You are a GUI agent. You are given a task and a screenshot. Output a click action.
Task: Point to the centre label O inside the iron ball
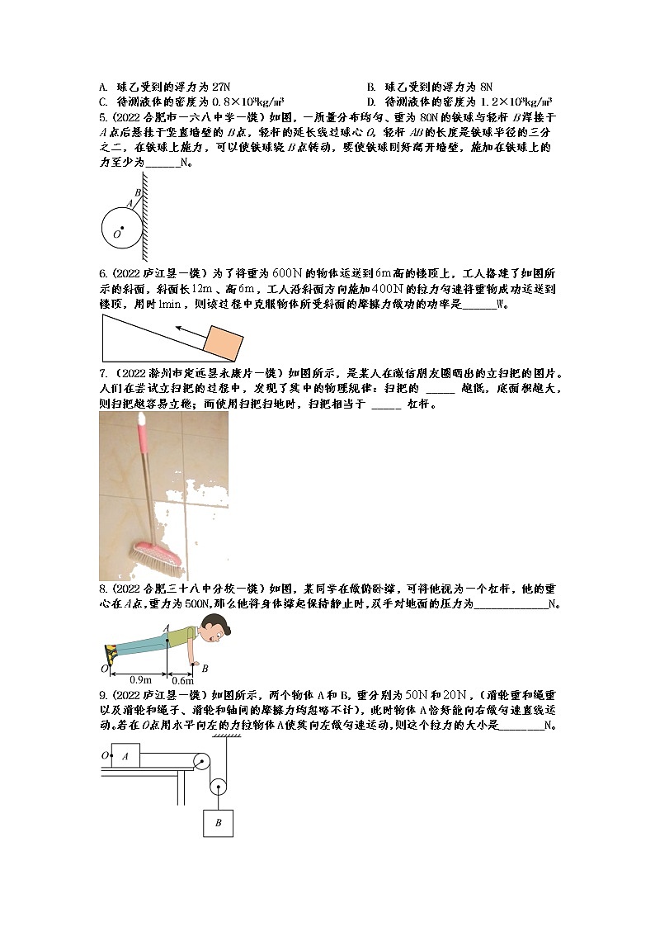pos(116,234)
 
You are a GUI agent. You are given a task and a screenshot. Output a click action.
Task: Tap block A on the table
pos(125,755)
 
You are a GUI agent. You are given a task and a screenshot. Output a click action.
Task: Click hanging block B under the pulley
pos(218,822)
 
